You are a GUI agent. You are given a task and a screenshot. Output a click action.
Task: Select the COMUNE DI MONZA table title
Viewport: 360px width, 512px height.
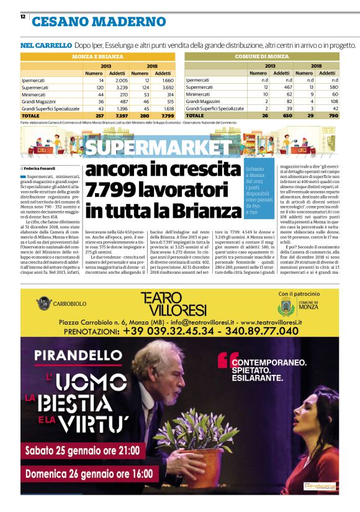262,56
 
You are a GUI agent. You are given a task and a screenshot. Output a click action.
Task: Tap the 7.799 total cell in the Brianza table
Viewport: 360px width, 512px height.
168,115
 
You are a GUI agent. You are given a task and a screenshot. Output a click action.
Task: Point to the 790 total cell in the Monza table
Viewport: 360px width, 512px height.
333,115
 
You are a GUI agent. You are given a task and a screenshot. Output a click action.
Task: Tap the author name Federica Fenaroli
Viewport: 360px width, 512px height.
40,168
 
